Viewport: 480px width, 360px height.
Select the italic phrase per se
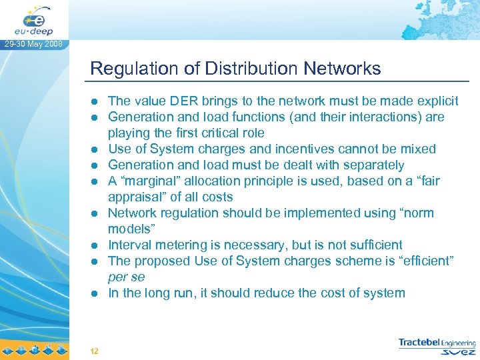pos(126,277)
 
